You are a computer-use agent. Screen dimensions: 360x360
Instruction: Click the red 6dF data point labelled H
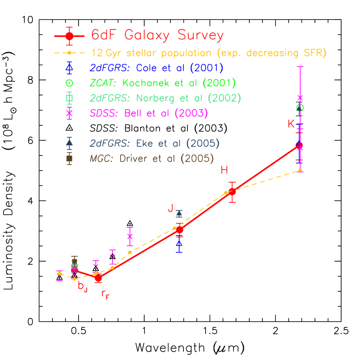coord(232,191)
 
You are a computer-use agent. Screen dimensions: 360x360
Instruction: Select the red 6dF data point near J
coord(180,229)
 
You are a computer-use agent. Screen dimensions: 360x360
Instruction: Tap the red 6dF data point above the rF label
coord(98,278)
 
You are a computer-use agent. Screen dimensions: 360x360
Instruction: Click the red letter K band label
coord(291,124)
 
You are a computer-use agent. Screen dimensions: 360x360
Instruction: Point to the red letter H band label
coord(224,170)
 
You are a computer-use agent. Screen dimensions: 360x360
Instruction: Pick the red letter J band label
coord(170,209)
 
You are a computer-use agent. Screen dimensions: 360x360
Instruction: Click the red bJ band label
coord(82,286)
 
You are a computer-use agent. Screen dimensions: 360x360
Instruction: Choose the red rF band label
coord(105,295)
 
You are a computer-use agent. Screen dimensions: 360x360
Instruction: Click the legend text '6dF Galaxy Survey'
coord(157,35)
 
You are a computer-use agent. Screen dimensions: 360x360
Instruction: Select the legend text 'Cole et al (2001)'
coord(180,68)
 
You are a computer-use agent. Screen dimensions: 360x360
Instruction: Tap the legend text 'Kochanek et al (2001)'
coord(179,83)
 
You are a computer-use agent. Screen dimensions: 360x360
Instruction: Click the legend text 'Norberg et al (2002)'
coord(182,98)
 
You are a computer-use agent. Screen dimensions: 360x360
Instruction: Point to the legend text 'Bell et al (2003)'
coord(166,113)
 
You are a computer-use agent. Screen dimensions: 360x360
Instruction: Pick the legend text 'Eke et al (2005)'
coord(177,144)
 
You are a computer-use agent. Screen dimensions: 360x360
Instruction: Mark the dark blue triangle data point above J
coord(179,213)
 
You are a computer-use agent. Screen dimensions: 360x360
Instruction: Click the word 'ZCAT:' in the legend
coord(104,83)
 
